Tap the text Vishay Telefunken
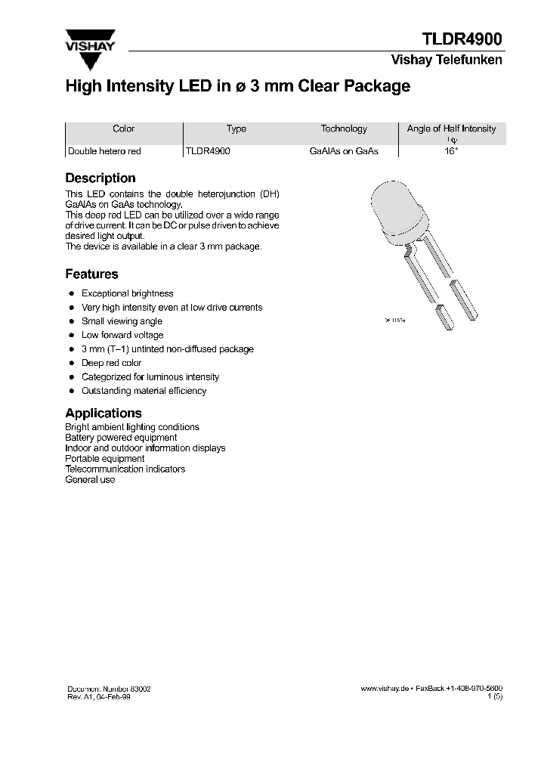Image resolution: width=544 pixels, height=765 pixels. point(446,60)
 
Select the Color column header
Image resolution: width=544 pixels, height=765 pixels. point(123,129)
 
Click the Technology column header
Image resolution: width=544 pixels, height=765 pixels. point(344,129)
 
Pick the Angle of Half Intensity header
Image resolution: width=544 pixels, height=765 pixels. point(451,129)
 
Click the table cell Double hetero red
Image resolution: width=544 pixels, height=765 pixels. point(104,151)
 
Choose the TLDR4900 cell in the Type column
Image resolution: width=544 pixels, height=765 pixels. point(208,151)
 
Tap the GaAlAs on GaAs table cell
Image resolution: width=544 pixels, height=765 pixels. point(344,151)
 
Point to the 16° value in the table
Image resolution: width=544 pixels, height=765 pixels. point(451,151)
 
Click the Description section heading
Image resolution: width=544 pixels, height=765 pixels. point(100,178)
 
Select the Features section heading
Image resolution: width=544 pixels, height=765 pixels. point(91,274)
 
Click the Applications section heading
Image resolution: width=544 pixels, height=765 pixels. point(104,413)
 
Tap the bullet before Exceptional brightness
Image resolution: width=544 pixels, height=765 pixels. point(71,293)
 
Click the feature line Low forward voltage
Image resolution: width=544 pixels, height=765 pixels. point(122,335)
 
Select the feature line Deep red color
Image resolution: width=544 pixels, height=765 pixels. point(111,363)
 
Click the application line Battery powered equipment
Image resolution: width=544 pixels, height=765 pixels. point(121,438)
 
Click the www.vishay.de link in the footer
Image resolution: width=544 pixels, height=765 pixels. point(385,689)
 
